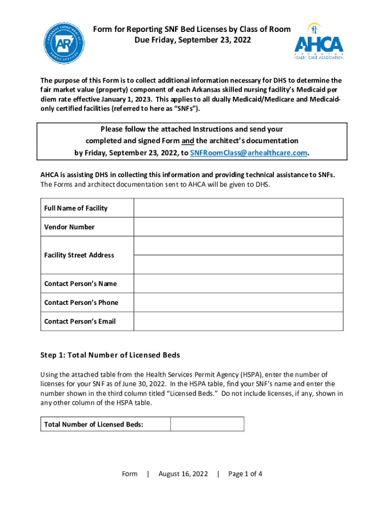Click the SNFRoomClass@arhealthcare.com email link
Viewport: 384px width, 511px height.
click(x=249, y=153)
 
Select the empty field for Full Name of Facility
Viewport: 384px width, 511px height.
click(x=238, y=208)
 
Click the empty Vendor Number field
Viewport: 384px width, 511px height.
click(x=238, y=227)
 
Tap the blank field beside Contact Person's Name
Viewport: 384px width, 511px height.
click(x=238, y=283)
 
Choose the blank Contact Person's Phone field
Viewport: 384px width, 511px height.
click(x=238, y=302)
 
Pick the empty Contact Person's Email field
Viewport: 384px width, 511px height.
click(x=238, y=321)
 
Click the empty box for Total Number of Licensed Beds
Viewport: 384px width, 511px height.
click(x=207, y=424)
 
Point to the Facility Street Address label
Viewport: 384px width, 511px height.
click(x=79, y=255)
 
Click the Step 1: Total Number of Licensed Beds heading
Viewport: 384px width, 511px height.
click(x=110, y=355)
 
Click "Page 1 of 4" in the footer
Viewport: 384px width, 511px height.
click(x=245, y=474)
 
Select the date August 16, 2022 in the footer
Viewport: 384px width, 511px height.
click(x=183, y=474)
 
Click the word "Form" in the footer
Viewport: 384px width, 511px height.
click(x=130, y=474)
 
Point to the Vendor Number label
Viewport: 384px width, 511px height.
click(x=69, y=227)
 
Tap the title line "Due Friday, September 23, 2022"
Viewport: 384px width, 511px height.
click(x=192, y=40)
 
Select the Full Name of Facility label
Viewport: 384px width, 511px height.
click(x=76, y=208)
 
